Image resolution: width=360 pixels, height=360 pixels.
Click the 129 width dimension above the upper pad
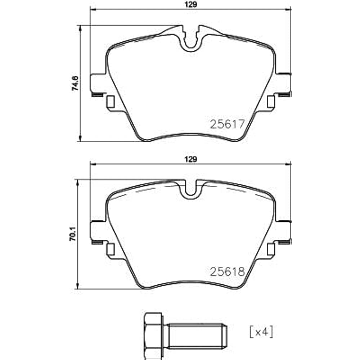coord(191,5)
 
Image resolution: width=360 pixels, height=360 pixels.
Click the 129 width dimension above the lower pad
coord(191,159)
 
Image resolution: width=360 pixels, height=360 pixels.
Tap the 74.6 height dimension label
coord(75,83)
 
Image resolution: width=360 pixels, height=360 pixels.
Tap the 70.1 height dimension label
coord(73,234)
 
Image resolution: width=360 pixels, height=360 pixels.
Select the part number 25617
coord(227,124)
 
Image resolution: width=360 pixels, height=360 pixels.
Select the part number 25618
coord(227,272)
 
